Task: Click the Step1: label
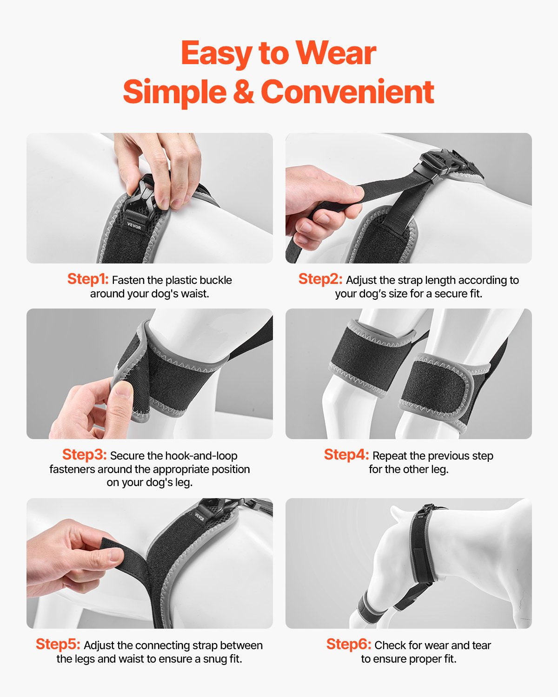(88, 279)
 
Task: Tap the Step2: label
(320, 279)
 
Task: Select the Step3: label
(84, 454)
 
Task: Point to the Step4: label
(346, 454)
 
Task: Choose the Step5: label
(58, 644)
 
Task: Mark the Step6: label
(349, 644)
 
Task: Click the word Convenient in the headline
(347, 92)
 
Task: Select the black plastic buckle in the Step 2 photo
(442, 165)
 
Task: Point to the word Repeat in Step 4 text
(389, 456)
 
